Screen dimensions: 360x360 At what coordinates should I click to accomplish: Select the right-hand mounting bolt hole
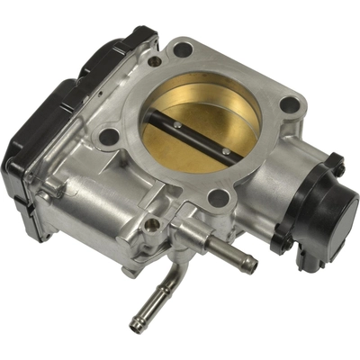[x=289, y=104]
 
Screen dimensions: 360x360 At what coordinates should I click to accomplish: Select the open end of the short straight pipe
[x=249, y=265]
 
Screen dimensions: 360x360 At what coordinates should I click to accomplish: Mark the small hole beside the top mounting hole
[x=155, y=61]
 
